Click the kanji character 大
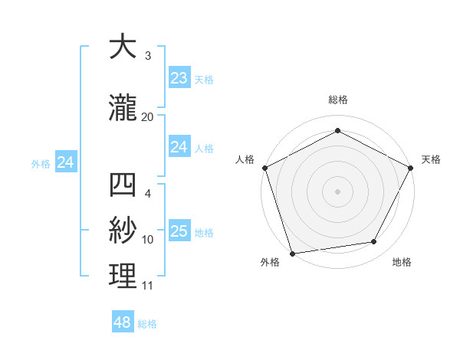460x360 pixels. coord(123,47)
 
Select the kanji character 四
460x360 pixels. coord(123,186)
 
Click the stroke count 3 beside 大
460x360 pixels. coord(147,56)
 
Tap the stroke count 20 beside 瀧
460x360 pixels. coord(147,116)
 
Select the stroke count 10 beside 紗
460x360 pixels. coord(147,240)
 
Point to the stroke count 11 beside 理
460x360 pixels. coord(147,286)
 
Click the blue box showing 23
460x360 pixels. coord(179,77)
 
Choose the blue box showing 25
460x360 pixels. coord(179,231)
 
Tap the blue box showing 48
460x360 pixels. coord(123,322)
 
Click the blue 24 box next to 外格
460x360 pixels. coord(66,162)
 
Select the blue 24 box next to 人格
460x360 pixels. coord(179,147)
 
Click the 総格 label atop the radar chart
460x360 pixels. coord(337,100)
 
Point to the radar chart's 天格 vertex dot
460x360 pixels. coord(411,168)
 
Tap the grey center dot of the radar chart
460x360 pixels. coord(337,191)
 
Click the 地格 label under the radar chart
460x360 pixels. coord(402,263)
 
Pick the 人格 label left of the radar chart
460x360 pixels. coord(245,159)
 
